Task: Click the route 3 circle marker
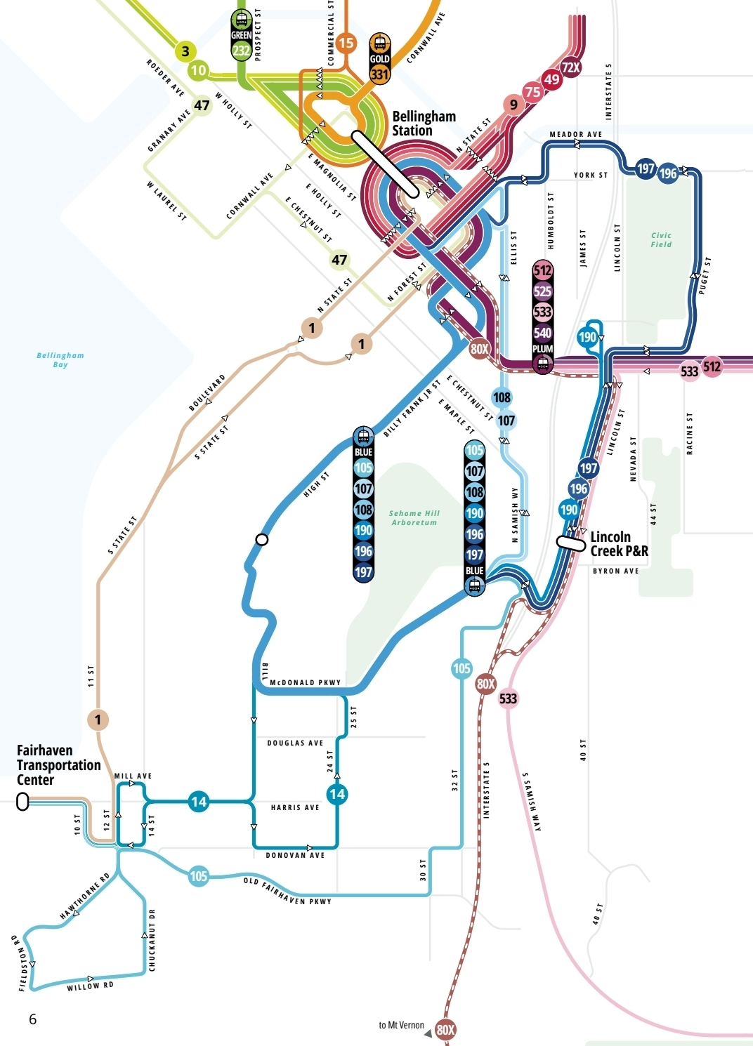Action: pyautogui.click(x=185, y=51)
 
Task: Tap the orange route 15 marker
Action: pyautogui.click(x=346, y=43)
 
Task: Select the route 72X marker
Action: pyautogui.click(x=571, y=67)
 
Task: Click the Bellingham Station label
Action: pyautogui.click(x=424, y=124)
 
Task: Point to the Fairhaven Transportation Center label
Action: pyautogui.click(x=58, y=765)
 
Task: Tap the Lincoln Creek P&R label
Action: pyautogui.click(x=619, y=544)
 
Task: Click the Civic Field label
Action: pyautogui.click(x=661, y=240)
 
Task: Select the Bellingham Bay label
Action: pyautogui.click(x=60, y=360)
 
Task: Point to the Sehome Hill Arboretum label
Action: pyautogui.click(x=414, y=518)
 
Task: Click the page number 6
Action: pyautogui.click(x=32, y=1019)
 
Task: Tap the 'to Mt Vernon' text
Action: pyautogui.click(x=401, y=1026)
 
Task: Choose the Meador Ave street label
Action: pyautogui.click(x=575, y=134)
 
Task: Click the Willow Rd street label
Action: pyautogui.click(x=90, y=986)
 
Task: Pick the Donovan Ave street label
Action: pyautogui.click(x=295, y=856)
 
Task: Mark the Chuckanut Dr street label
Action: pyautogui.click(x=152, y=940)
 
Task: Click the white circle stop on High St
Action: pyautogui.click(x=262, y=539)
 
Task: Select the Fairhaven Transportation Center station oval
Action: pyautogui.click(x=22, y=802)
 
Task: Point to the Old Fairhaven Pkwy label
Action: pyautogui.click(x=287, y=892)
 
